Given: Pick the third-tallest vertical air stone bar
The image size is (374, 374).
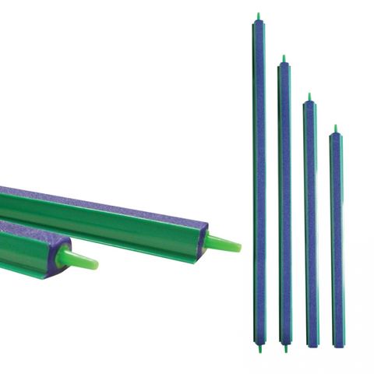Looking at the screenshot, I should coord(310,222).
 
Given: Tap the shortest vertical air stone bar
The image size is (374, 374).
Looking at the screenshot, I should coord(336,238).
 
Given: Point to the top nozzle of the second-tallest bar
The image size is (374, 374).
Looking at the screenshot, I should coord(284,58).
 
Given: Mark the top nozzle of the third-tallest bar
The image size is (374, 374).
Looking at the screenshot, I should coord(309,97).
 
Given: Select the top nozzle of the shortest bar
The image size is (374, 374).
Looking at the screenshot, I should coord(336,128).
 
